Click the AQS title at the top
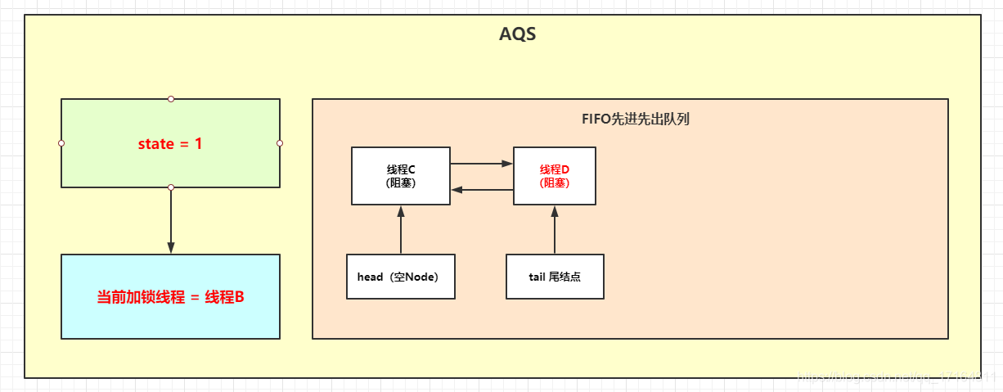[x=517, y=35]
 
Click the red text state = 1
[x=170, y=144]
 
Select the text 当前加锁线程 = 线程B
[x=170, y=297]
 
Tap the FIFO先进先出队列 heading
[x=630, y=119]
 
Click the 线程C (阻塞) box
[x=401, y=176]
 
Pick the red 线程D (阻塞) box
[x=554, y=176]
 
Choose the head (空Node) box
[x=401, y=277]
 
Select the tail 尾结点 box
[x=555, y=277]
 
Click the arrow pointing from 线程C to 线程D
[x=481, y=164]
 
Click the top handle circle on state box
[x=171, y=99]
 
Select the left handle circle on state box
[x=61, y=143]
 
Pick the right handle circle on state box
[x=280, y=143]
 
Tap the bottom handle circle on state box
[x=171, y=187]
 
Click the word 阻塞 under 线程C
[x=401, y=183]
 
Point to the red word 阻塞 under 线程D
[x=554, y=183]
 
